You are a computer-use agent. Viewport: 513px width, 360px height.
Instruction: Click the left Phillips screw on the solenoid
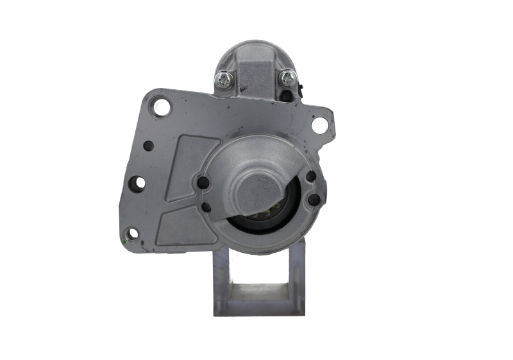tap(224, 79)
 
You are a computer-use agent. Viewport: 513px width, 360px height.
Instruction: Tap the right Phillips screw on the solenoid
tap(286, 78)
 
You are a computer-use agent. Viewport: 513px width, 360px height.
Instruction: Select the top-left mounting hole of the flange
tap(161, 107)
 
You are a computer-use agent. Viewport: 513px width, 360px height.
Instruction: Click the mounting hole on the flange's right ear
tap(319, 125)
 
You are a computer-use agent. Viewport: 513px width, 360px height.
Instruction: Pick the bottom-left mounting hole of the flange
tap(132, 234)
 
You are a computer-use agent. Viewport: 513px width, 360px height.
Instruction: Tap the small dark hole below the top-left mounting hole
tap(148, 145)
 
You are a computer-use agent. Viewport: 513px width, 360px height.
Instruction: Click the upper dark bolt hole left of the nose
tap(203, 183)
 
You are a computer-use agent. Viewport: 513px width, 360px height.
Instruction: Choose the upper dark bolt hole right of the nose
tap(311, 176)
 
